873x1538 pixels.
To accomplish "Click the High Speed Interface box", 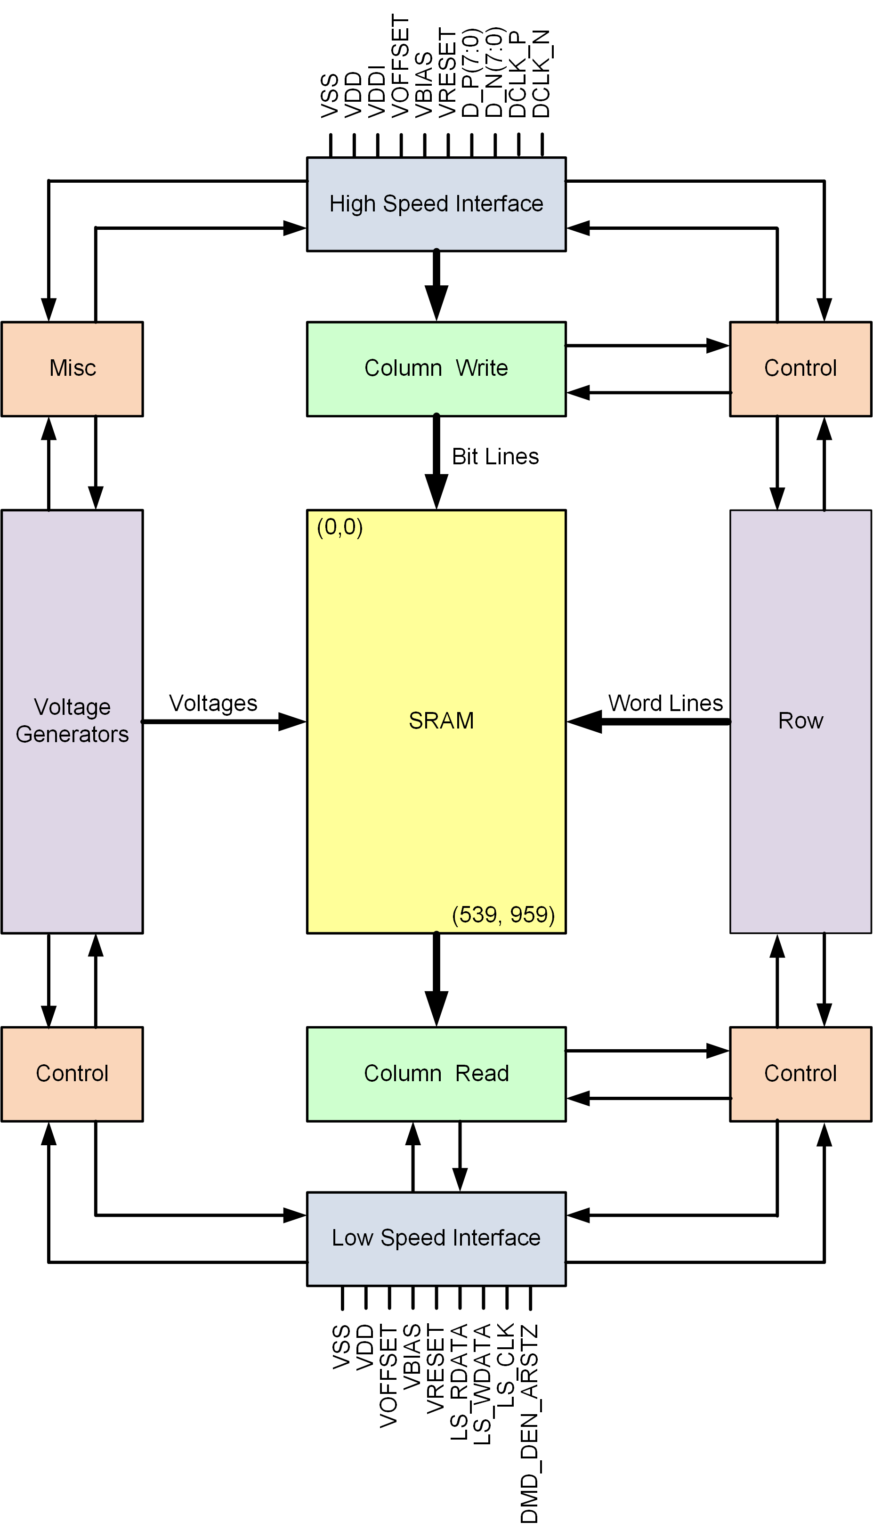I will click(x=436, y=204).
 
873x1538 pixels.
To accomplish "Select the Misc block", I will click(x=72, y=368).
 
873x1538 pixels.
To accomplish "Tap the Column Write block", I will click(x=436, y=368).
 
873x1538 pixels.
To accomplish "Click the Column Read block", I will click(x=436, y=1073).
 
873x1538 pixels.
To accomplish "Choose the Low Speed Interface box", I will click(x=436, y=1238).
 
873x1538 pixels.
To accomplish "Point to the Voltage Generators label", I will click(x=72, y=720).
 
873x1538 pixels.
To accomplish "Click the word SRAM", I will click(x=441, y=720).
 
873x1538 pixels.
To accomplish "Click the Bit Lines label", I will click(x=495, y=456).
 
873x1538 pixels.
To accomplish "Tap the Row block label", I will click(x=800, y=720).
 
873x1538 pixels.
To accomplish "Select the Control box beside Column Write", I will click(x=800, y=368).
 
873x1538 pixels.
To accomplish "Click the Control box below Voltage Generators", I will click(x=72, y=1073).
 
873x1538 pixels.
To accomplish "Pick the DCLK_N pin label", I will click(x=542, y=73).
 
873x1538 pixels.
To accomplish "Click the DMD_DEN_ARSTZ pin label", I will click(x=529, y=1424).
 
